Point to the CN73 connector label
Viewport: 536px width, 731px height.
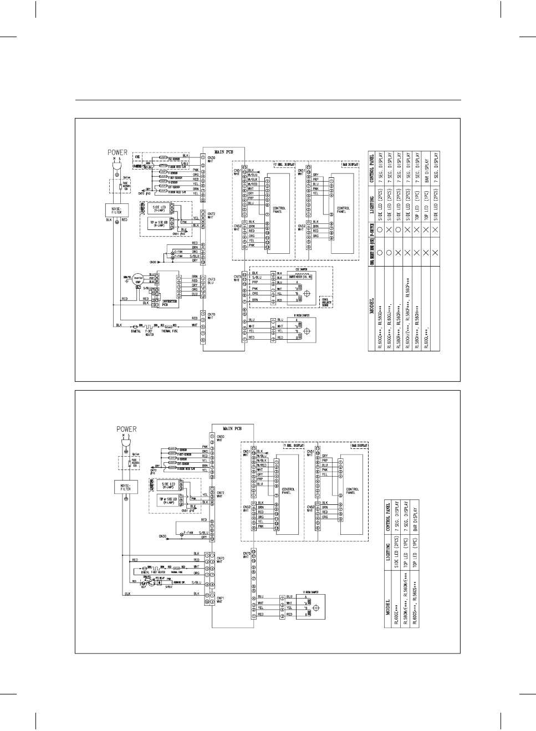point(210,281)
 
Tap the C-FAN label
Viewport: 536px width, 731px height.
point(178,252)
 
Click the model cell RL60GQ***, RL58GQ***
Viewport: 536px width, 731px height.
point(381,327)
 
